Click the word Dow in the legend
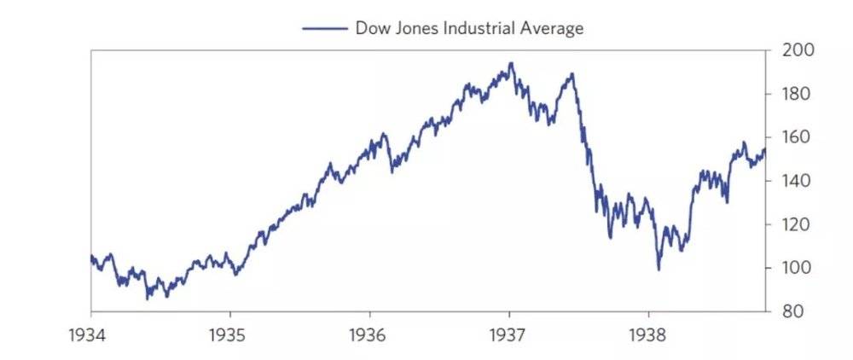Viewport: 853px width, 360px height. (371, 28)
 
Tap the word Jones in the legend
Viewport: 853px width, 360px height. (414, 28)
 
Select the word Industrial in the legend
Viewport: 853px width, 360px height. (479, 28)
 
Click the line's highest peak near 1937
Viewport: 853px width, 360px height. (510, 63)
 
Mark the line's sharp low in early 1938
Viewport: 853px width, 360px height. (659, 270)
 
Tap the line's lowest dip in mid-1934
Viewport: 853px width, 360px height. (148, 299)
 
